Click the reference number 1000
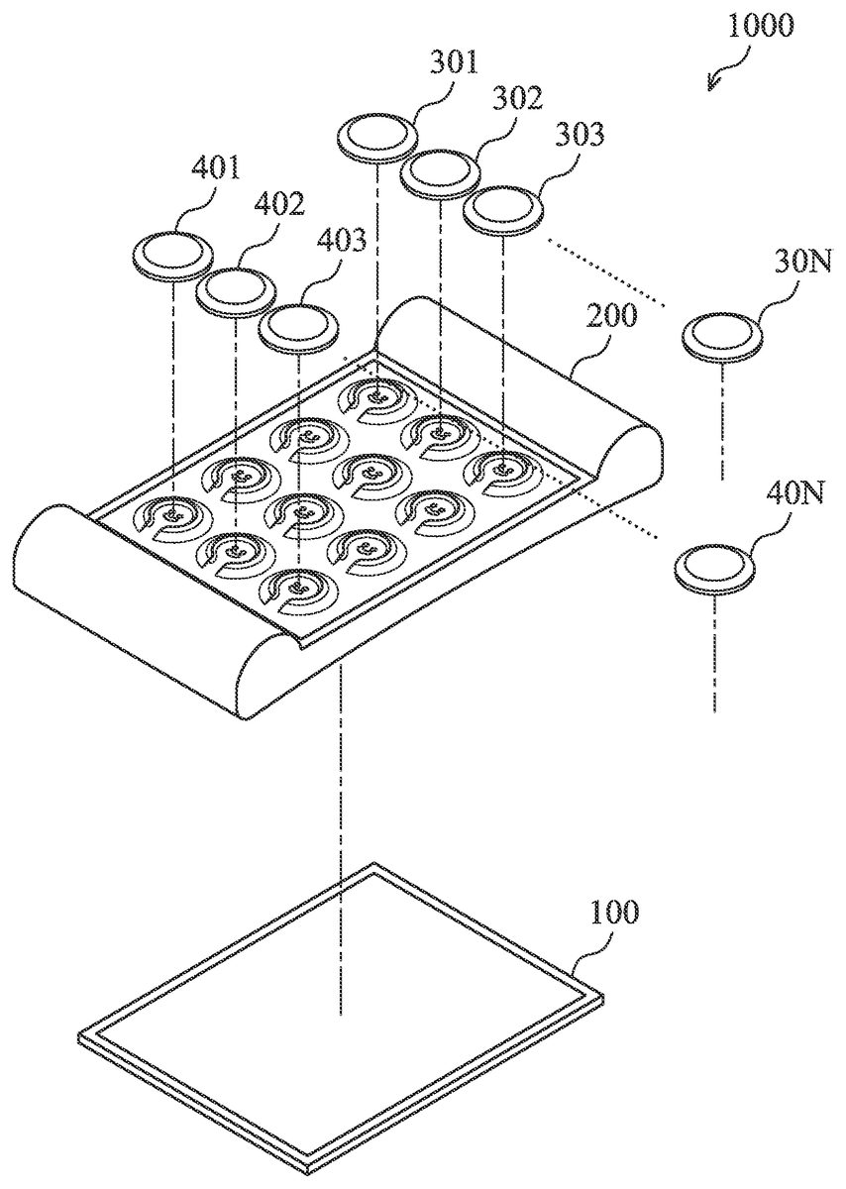pyautogui.click(x=760, y=26)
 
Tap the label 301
pyautogui.click(x=454, y=62)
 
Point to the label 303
pyautogui.click(x=580, y=134)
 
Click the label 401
pyautogui.click(x=216, y=167)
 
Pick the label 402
pyautogui.click(x=279, y=203)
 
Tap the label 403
pyautogui.click(x=342, y=239)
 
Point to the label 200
pyautogui.click(x=612, y=315)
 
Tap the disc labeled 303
pyautogui.click(x=503, y=208)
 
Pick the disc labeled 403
pyautogui.click(x=298, y=325)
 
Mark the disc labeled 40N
pyautogui.click(x=715, y=570)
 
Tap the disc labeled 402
pyautogui.click(x=236, y=291)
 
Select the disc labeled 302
pyautogui.click(x=441, y=172)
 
